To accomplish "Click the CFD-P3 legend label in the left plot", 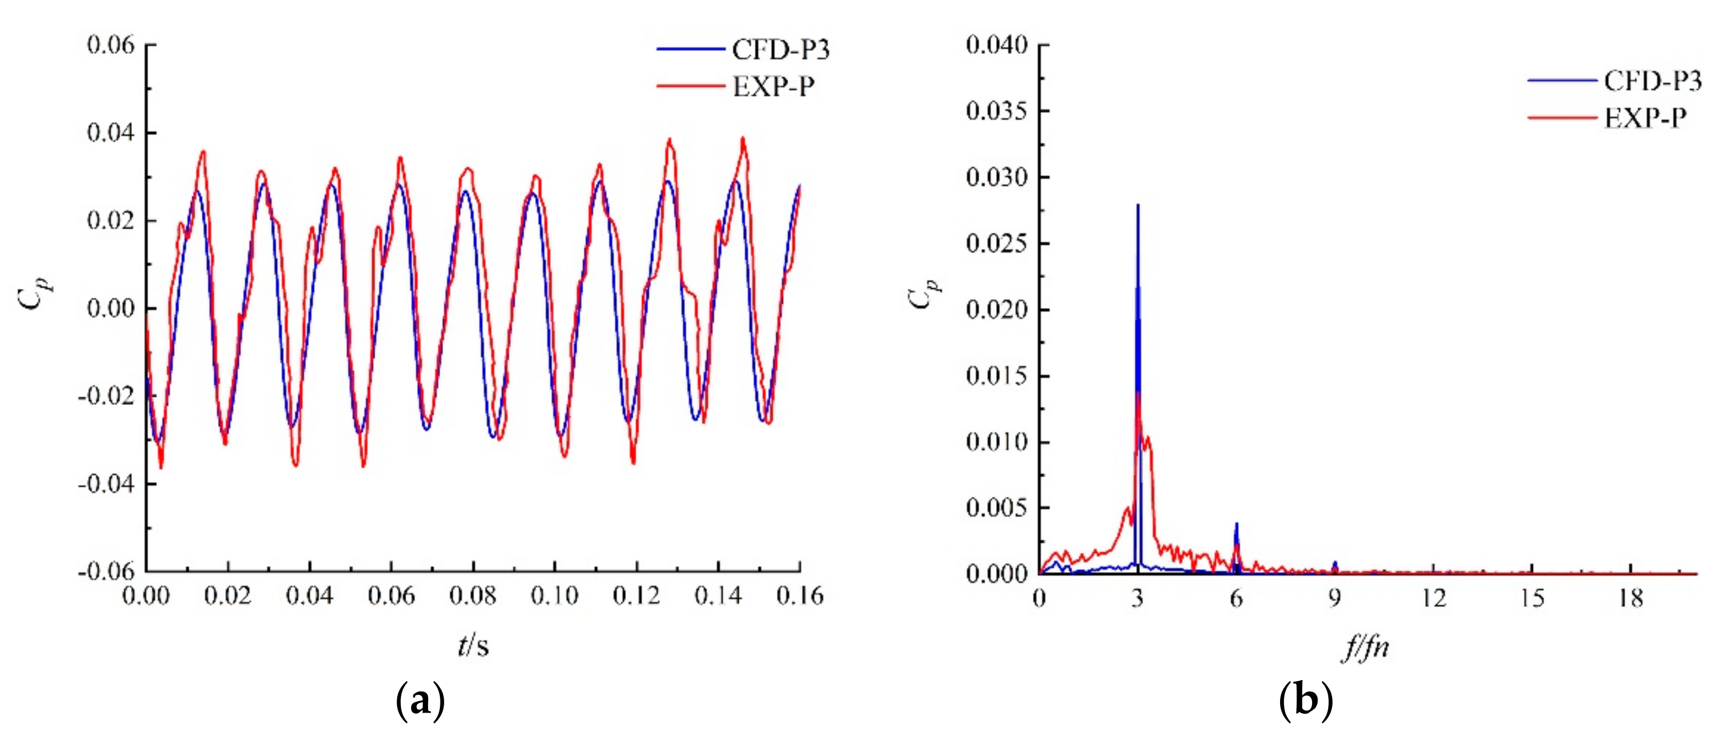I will pyautogui.click(x=780, y=50).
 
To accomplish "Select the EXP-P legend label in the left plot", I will pyautogui.click(x=774, y=87).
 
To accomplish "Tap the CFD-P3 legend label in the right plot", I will pyautogui.click(x=1652, y=81).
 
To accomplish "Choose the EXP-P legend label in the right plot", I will pyautogui.click(x=1645, y=118).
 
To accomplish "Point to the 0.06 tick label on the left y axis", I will pyautogui.click(x=110, y=45).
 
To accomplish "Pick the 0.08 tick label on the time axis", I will pyautogui.click(x=473, y=595).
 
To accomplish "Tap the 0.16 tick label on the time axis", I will pyautogui.click(x=799, y=595).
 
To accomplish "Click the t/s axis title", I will pyautogui.click(x=473, y=645).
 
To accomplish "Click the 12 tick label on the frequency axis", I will pyautogui.click(x=1433, y=597).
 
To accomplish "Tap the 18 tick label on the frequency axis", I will pyautogui.click(x=1631, y=597).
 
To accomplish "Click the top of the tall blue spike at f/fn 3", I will pyautogui.click(x=1138, y=205).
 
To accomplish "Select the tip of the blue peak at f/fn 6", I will pyautogui.click(x=1236, y=524).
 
